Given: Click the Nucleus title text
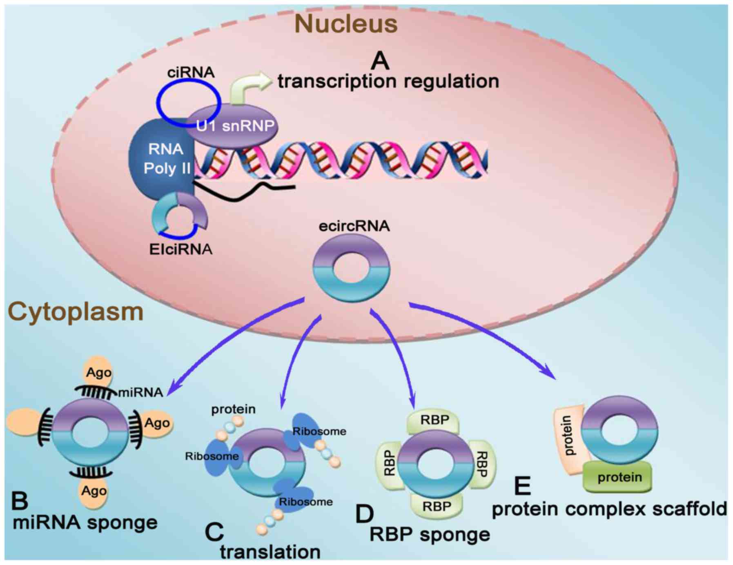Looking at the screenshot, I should click(x=345, y=24).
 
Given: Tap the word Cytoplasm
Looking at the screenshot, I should click(x=76, y=312).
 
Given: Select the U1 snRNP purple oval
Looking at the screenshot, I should click(x=235, y=125).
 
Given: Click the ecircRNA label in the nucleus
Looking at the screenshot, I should click(x=354, y=226).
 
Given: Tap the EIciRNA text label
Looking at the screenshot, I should click(x=180, y=249).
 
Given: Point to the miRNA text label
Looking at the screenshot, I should click(x=140, y=392).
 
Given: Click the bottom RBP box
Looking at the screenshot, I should click(x=436, y=506).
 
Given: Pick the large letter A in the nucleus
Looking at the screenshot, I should click(x=380, y=61).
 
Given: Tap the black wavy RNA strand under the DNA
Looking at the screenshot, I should click(x=245, y=192).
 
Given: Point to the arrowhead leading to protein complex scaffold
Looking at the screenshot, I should click(x=551, y=375).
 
